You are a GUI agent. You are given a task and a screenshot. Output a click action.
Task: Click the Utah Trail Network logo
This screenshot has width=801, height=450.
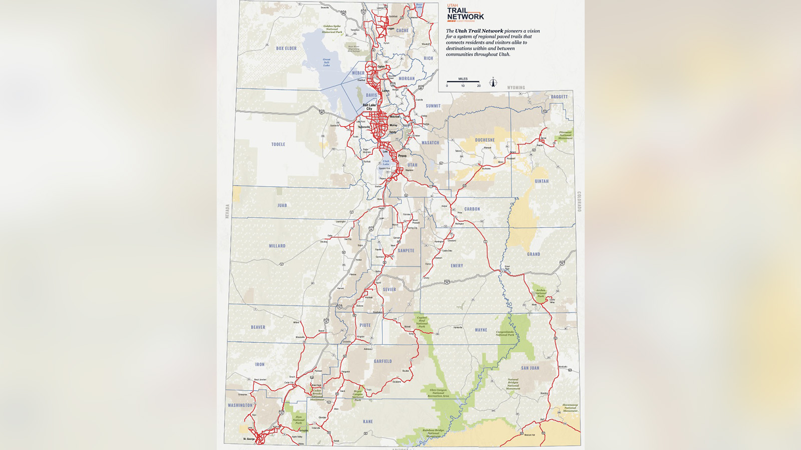click(465, 13)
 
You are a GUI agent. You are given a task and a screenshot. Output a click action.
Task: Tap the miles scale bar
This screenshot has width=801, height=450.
click(463, 81)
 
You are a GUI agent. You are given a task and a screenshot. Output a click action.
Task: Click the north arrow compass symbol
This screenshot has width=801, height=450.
click(493, 82)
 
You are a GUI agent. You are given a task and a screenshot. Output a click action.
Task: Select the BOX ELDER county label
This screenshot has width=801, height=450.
click(286, 48)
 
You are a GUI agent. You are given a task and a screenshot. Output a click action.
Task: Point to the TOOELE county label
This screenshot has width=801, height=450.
click(278, 144)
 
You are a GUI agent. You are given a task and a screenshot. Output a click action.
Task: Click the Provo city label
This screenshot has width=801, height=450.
click(402, 156)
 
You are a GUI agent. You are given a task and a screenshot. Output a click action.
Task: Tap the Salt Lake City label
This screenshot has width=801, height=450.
click(369, 107)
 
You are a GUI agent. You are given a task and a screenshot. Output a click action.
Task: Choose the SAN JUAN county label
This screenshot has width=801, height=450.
click(530, 368)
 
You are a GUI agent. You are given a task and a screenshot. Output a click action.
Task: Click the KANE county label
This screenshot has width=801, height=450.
click(368, 421)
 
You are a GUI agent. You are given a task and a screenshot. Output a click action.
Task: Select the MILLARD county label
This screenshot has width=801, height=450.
click(277, 246)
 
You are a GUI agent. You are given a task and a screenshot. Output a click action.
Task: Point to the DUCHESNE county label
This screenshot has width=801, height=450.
click(485, 140)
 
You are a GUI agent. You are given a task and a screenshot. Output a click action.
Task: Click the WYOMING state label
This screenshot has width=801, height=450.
click(516, 87)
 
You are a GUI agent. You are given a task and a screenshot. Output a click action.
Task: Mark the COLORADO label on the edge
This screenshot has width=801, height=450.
click(579, 201)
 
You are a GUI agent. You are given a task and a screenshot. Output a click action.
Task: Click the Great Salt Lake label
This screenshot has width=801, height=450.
click(326, 62)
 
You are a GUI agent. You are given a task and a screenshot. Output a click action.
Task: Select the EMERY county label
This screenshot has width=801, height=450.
click(457, 266)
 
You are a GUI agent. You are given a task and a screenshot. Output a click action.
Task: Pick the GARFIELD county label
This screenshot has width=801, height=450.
click(383, 361)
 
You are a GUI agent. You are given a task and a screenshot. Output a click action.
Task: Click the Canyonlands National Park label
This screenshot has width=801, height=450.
click(505, 333)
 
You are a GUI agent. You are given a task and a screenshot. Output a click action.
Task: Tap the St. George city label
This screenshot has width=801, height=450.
click(249, 439)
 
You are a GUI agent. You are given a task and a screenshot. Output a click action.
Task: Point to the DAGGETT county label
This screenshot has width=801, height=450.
click(559, 97)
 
